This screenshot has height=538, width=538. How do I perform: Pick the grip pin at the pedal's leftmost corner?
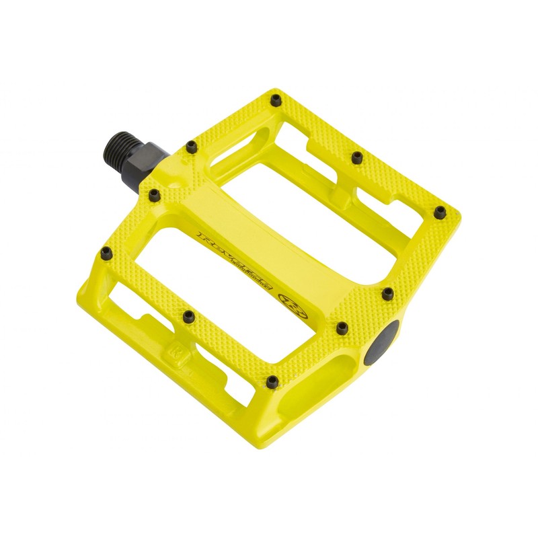pos(106,252)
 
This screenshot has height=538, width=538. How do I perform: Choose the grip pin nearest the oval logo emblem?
pos(342,327)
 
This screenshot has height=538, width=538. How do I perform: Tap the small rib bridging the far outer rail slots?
pos(343,196)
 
